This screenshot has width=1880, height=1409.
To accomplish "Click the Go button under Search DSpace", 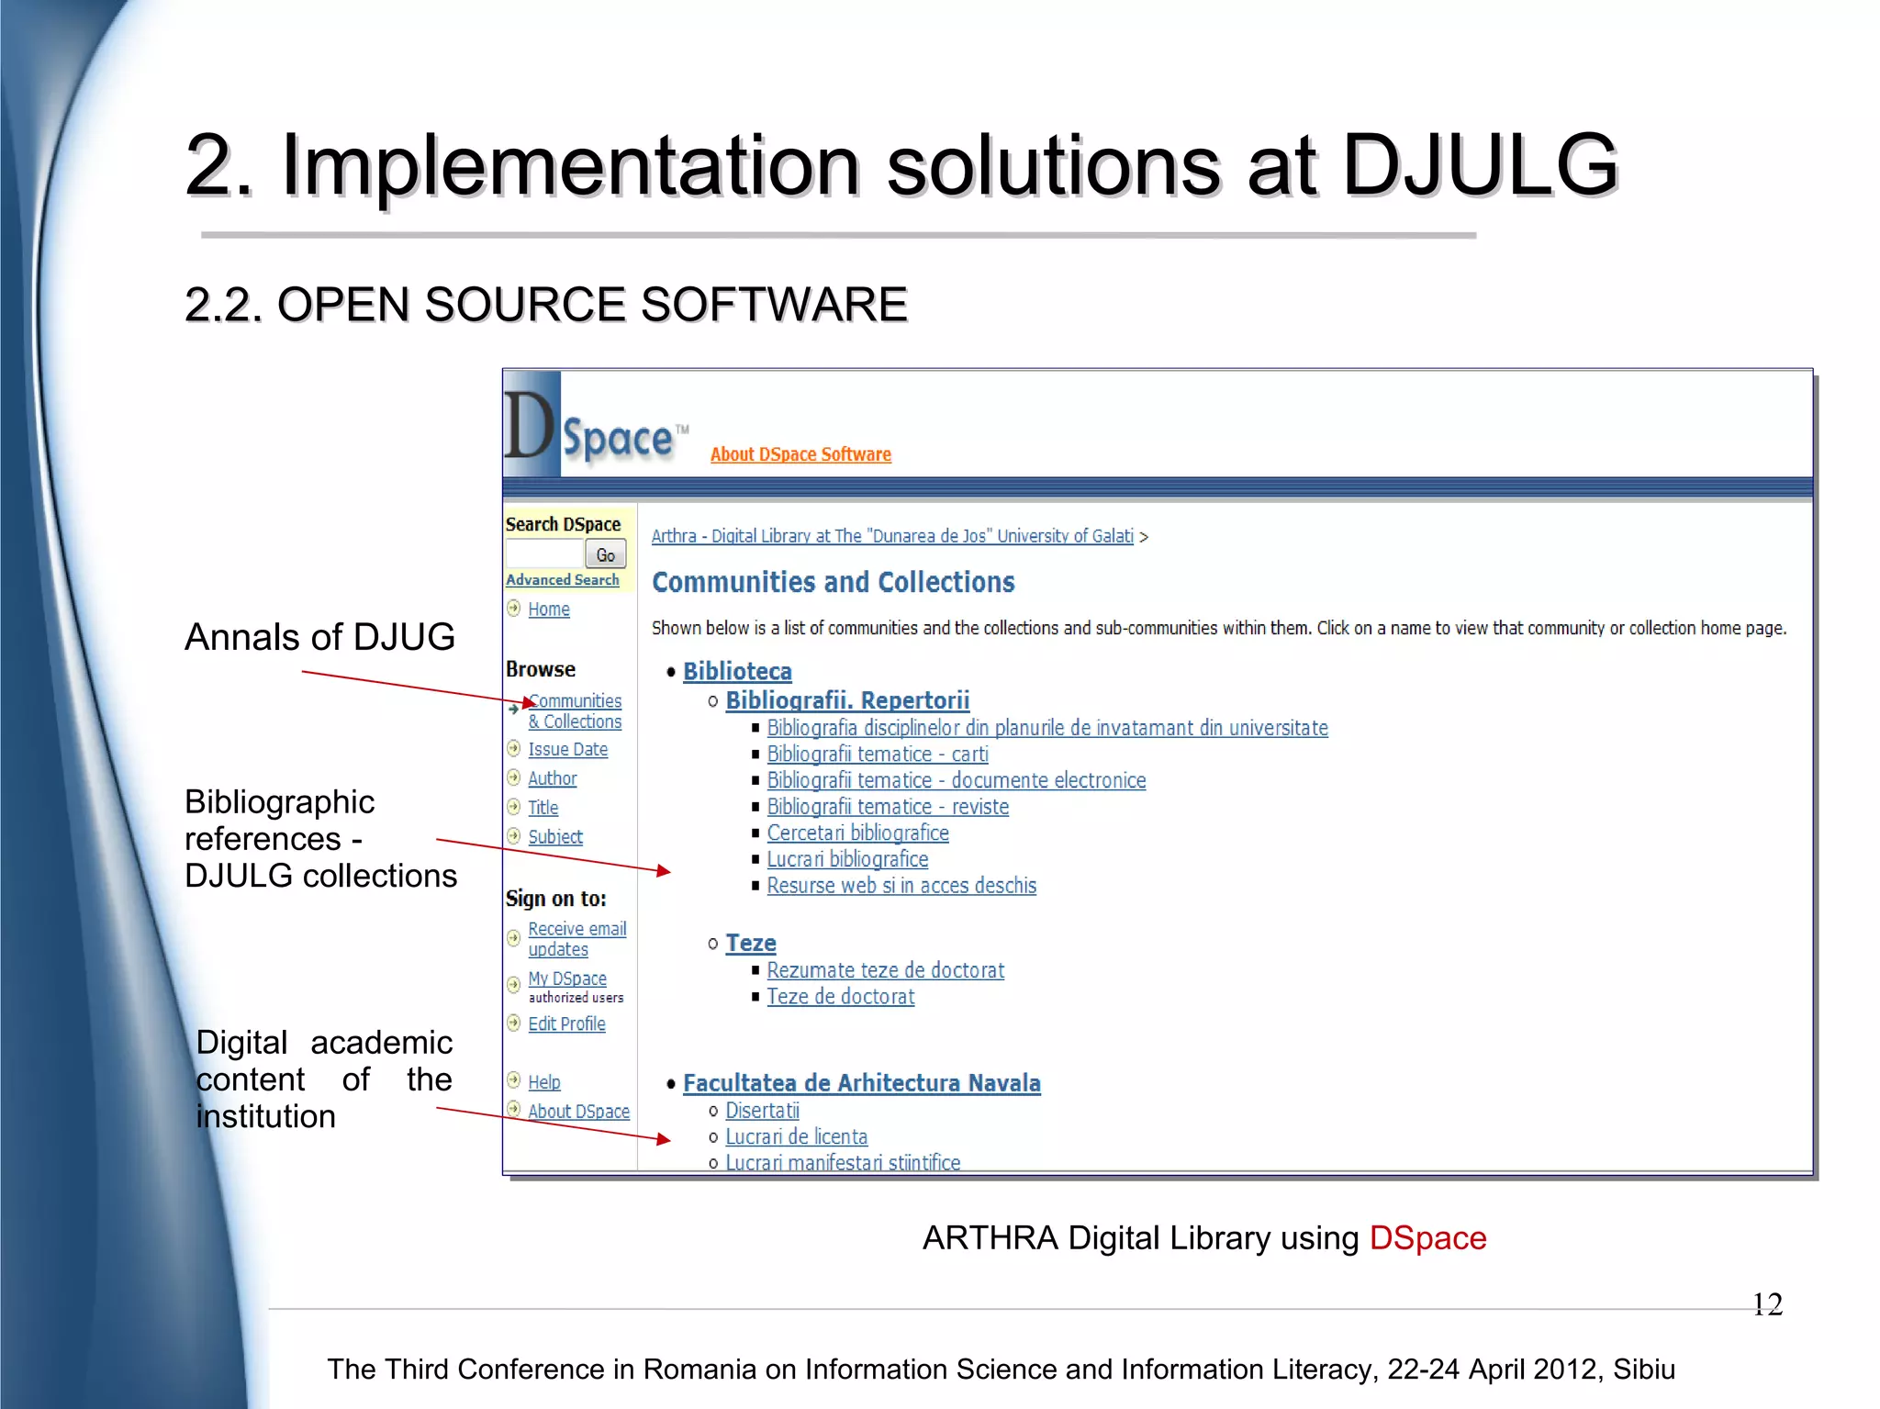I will tap(606, 554).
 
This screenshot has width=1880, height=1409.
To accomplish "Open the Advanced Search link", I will tap(563, 580).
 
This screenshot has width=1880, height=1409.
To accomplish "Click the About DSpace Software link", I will tap(800, 454).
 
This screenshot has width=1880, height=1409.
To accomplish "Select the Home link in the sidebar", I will tap(549, 609).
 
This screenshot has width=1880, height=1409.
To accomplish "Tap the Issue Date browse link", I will tap(567, 750).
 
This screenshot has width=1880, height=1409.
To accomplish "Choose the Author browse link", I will tap(552, 778).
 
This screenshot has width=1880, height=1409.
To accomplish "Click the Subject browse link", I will tap(554, 837).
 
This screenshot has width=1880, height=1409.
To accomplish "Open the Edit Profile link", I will tap(566, 1024).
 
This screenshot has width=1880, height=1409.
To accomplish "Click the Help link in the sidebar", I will tap(543, 1082).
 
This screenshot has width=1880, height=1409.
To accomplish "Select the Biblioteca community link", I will tap(737, 671).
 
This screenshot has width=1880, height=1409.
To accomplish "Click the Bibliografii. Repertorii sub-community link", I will tap(847, 700).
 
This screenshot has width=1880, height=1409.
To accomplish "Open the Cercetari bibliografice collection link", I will tap(857, 833).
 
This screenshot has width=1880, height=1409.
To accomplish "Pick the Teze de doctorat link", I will tap(840, 997).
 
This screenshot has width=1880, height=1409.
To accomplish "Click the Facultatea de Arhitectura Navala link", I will tap(861, 1083).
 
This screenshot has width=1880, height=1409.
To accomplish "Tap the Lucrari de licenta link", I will tap(796, 1137).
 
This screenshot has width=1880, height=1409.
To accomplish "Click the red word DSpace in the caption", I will tap(1427, 1238).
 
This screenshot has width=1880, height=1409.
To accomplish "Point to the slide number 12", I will tap(1767, 1304).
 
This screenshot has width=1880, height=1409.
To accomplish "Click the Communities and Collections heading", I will tap(833, 582).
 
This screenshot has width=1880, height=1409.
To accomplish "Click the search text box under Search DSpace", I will tap(545, 554).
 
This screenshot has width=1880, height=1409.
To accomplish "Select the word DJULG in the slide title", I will tap(1480, 165).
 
